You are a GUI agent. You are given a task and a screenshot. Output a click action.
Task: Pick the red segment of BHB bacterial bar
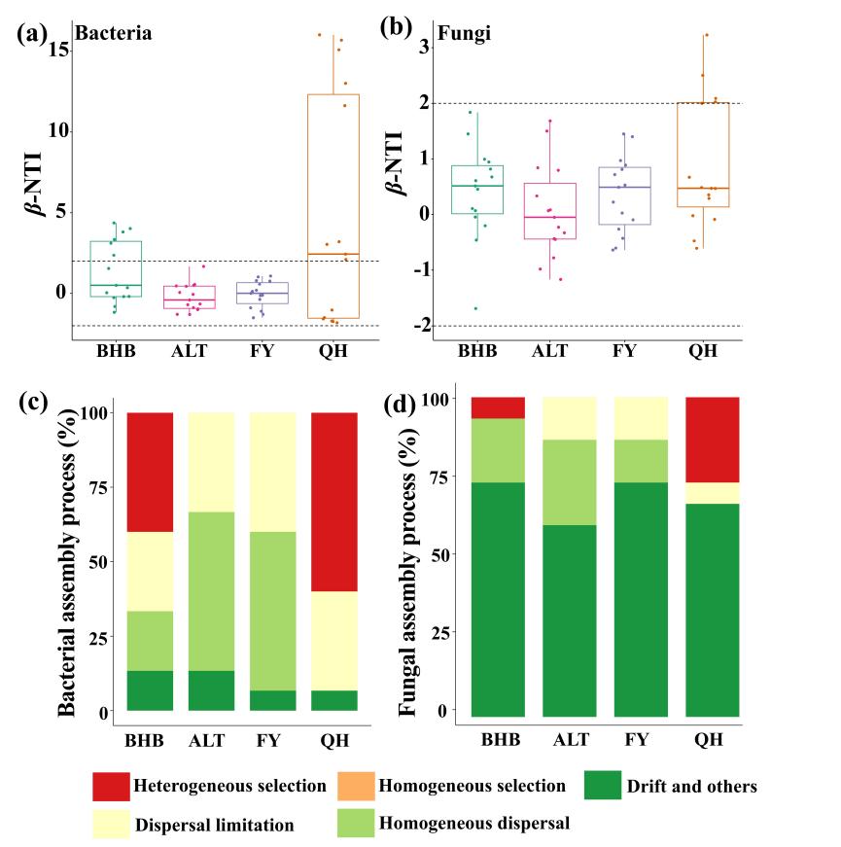click(x=150, y=472)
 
